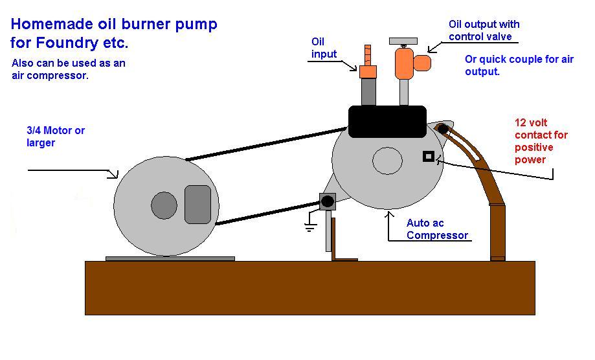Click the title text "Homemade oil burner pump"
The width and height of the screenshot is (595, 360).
pyautogui.click(x=114, y=25)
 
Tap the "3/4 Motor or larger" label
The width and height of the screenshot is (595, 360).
pyautogui.click(x=51, y=137)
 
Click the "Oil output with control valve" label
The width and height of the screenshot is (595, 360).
pyautogui.click(x=483, y=30)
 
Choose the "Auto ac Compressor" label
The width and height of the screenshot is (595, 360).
pyautogui.click(x=437, y=229)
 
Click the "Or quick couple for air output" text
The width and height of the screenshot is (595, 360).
pyautogui.click(x=519, y=65)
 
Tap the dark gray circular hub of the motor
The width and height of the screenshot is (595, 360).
pyautogui.click(x=164, y=205)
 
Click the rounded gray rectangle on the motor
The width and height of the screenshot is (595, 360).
pyautogui.click(x=198, y=204)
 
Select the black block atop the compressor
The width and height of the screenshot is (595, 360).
pyautogui.click(x=387, y=122)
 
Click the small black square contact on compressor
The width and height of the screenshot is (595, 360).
pyautogui.click(x=428, y=156)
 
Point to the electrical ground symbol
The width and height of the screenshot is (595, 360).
pyautogui.click(x=310, y=227)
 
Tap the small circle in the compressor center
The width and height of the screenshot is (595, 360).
pyautogui.click(x=387, y=161)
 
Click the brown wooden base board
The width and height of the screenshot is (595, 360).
pyautogui.click(x=309, y=287)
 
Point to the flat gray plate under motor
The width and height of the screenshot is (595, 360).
pyautogui.click(x=170, y=258)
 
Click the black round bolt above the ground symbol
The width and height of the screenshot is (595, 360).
pyautogui.click(x=328, y=201)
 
